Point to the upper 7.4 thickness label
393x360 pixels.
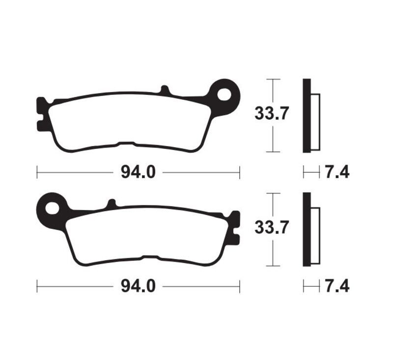coord(337,172)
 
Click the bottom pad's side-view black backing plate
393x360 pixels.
coord(307,229)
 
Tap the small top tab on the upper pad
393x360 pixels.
coord(165,90)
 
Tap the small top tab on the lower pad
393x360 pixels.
coord(112,204)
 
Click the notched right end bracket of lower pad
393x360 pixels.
coord(235,227)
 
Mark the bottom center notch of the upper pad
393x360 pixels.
coord(126,144)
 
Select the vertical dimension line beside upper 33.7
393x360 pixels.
coord(273,143)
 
